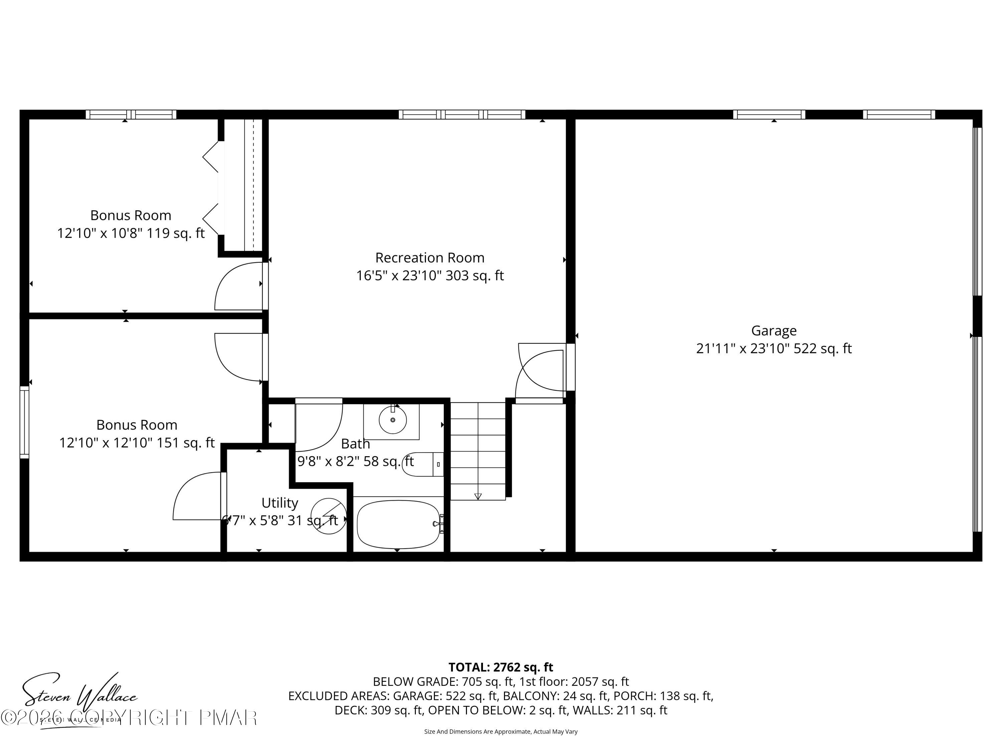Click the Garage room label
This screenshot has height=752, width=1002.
[x=773, y=331]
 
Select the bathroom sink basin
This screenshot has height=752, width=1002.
[x=392, y=420]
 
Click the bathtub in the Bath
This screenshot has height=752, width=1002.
[x=398, y=524]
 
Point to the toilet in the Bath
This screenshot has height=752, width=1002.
[x=421, y=464]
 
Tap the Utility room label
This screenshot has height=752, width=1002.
[x=280, y=503]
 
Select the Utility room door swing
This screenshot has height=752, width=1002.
[x=198, y=496]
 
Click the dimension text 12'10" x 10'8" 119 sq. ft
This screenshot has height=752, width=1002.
[x=131, y=233]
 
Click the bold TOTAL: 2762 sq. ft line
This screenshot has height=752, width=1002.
[x=501, y=667]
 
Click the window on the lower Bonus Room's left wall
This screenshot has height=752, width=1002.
[x=24, y=422]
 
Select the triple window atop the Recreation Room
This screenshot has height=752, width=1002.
[x=462, y=114]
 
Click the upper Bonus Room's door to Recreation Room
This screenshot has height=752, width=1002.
[x=239, y=286]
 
